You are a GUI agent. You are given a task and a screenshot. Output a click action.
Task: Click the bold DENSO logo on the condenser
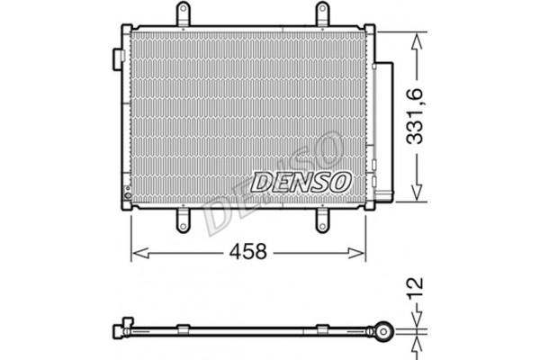coord(301,181)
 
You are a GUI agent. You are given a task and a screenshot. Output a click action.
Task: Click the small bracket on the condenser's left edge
coord(118,56)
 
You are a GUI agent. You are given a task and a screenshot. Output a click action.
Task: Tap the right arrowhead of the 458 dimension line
coord(363,253)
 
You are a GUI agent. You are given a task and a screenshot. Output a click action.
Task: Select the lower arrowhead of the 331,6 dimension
coord(416,193)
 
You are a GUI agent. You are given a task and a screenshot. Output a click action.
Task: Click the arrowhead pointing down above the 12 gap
coord(416,319)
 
